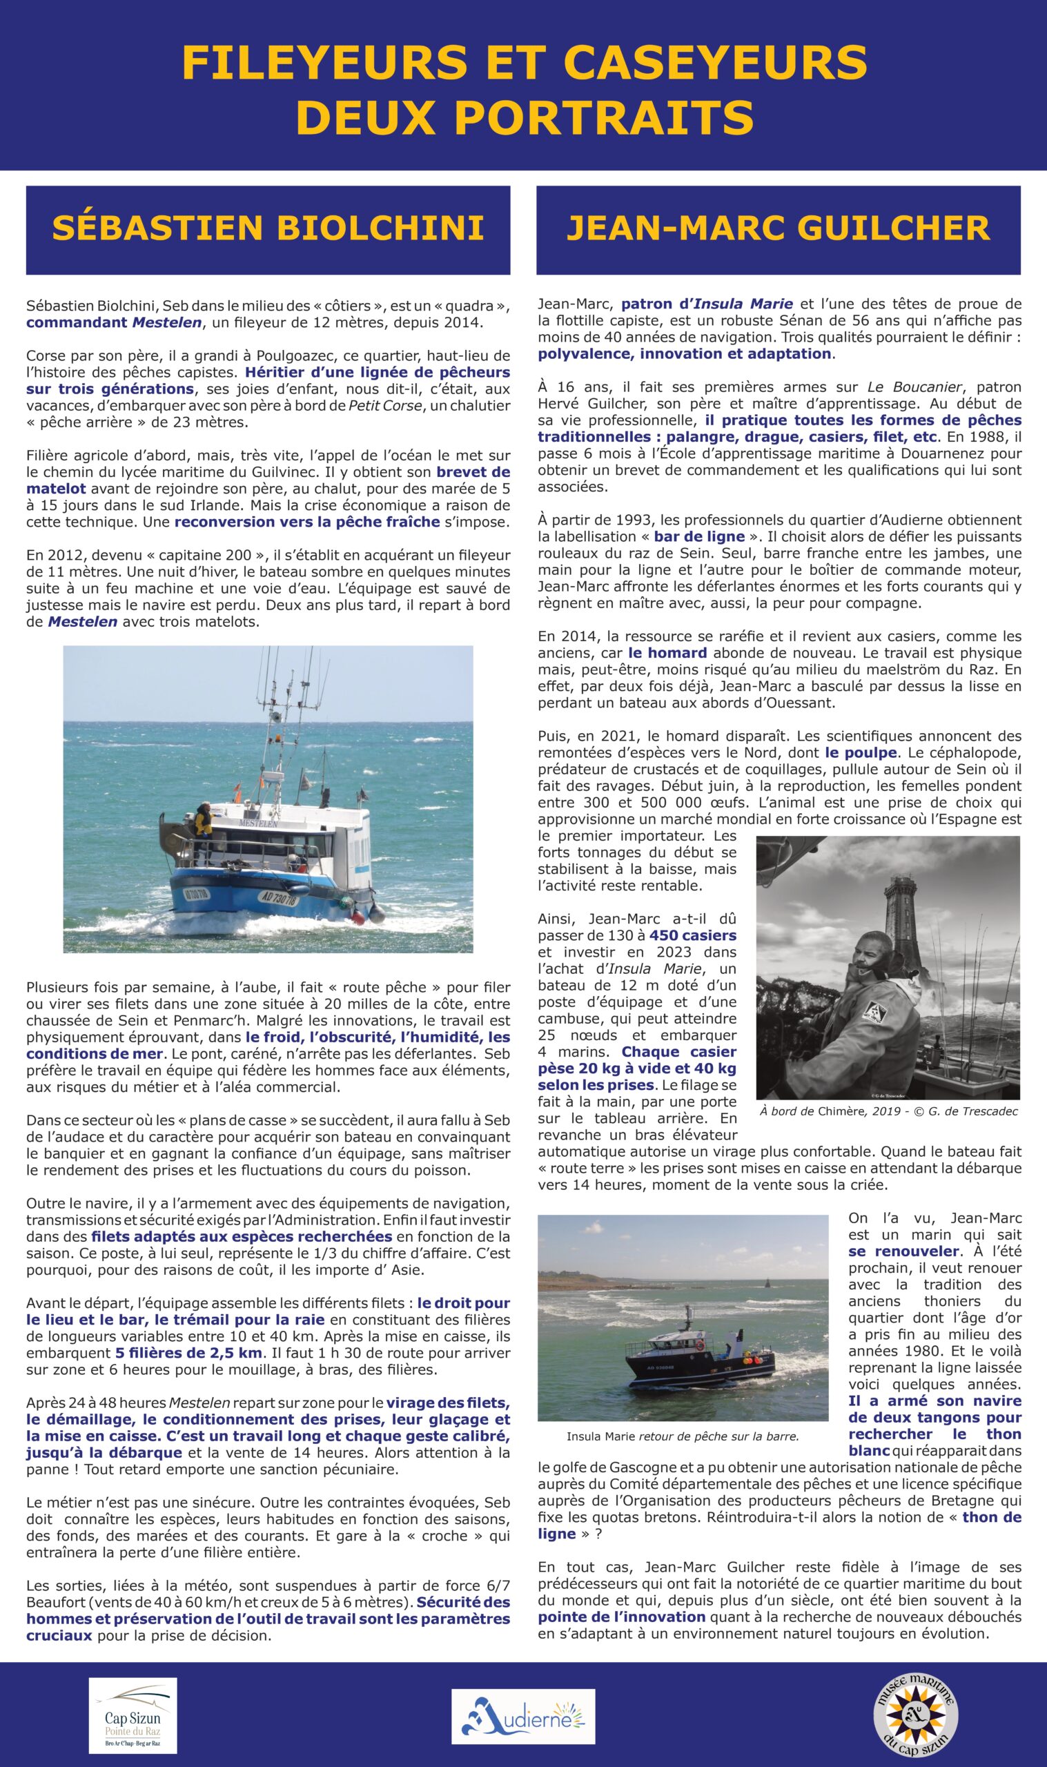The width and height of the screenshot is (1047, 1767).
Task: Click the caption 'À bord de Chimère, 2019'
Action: [888, 1111]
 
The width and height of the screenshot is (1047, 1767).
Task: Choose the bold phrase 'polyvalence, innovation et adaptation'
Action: [685, 353]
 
